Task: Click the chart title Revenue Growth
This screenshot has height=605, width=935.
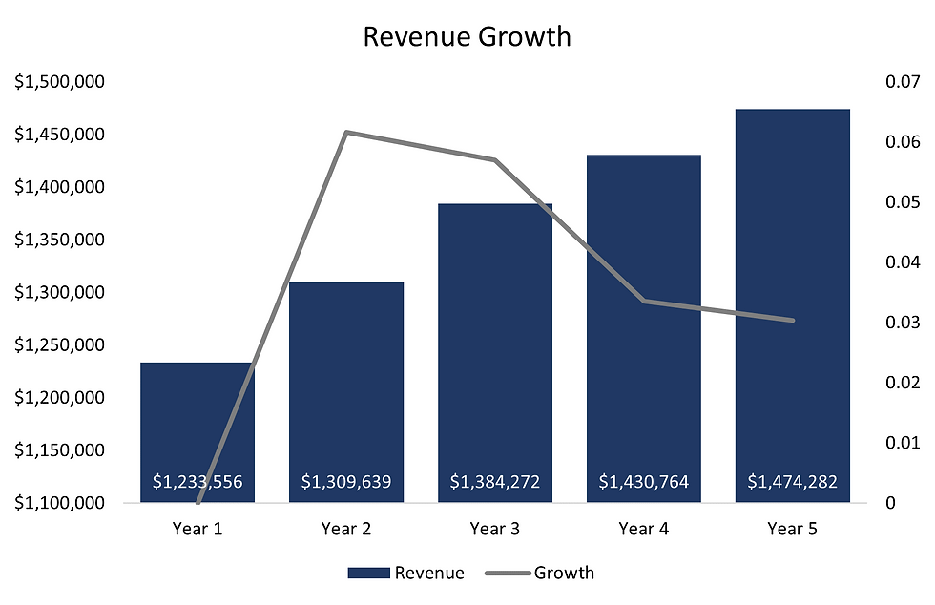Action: pos(467,37)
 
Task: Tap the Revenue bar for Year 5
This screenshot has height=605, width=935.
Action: pos(792,286)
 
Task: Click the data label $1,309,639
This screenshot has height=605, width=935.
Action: pos(346,482)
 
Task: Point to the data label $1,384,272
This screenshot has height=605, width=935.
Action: pos(495,482)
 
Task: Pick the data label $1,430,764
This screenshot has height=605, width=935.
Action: pos(644,482)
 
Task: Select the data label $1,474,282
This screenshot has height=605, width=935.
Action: pos(792,482)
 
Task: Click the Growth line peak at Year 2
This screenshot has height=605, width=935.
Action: pos(346,132)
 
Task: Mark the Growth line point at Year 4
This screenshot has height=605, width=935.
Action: pos(644,301)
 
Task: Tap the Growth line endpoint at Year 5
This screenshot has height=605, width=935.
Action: pos(792,321)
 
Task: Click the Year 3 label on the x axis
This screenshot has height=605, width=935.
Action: pos(495,528)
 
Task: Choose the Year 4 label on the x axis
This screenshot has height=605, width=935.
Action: pos(644,528)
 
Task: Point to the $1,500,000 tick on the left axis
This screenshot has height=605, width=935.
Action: pos(59,82)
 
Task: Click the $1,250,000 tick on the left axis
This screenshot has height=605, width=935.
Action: pos(59,344)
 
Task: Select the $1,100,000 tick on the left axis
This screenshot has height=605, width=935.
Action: pos(59,503)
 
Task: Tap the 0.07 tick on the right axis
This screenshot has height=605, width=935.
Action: pos(902,82)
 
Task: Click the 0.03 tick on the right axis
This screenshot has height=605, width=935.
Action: pos(902,323)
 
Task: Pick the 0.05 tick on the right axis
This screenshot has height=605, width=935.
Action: pos(902,202)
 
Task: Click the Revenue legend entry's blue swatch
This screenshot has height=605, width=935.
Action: pos(369,573)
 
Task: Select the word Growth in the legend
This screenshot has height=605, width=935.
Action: pos(564,573)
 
